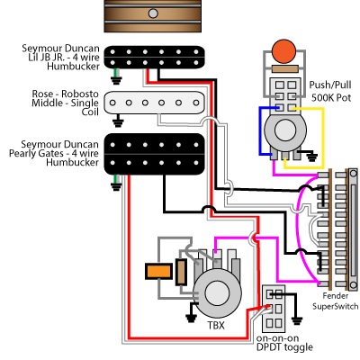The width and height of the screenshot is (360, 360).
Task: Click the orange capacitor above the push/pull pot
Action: point(283,51)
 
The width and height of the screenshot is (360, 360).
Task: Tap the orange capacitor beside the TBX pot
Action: point(158,272)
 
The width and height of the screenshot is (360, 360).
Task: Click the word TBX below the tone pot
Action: point(216,325)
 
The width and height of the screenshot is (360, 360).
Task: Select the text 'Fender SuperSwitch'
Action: point(336,301)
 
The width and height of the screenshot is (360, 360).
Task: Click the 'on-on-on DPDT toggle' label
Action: point(284,343)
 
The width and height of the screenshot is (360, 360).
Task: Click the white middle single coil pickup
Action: point(155,103)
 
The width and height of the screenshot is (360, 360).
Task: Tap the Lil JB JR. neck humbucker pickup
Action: point(155,58)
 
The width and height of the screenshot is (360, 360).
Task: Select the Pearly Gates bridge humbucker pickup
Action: point(155,154)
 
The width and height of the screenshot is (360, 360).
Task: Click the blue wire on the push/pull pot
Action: point(260,131)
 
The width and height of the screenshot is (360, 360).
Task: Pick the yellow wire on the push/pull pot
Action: point(323,138)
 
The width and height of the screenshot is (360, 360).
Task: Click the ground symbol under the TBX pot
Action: point(191,317)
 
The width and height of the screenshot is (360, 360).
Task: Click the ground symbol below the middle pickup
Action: point(118,123)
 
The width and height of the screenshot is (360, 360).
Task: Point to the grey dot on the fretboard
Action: point(153,13)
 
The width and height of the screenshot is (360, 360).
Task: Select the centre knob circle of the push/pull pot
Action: point(285,130)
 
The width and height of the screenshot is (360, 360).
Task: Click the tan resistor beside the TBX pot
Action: point(181,272)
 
